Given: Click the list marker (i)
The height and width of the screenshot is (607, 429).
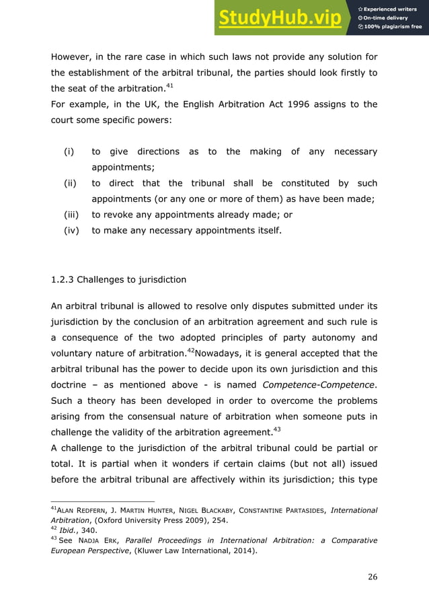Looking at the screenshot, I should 69,152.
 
